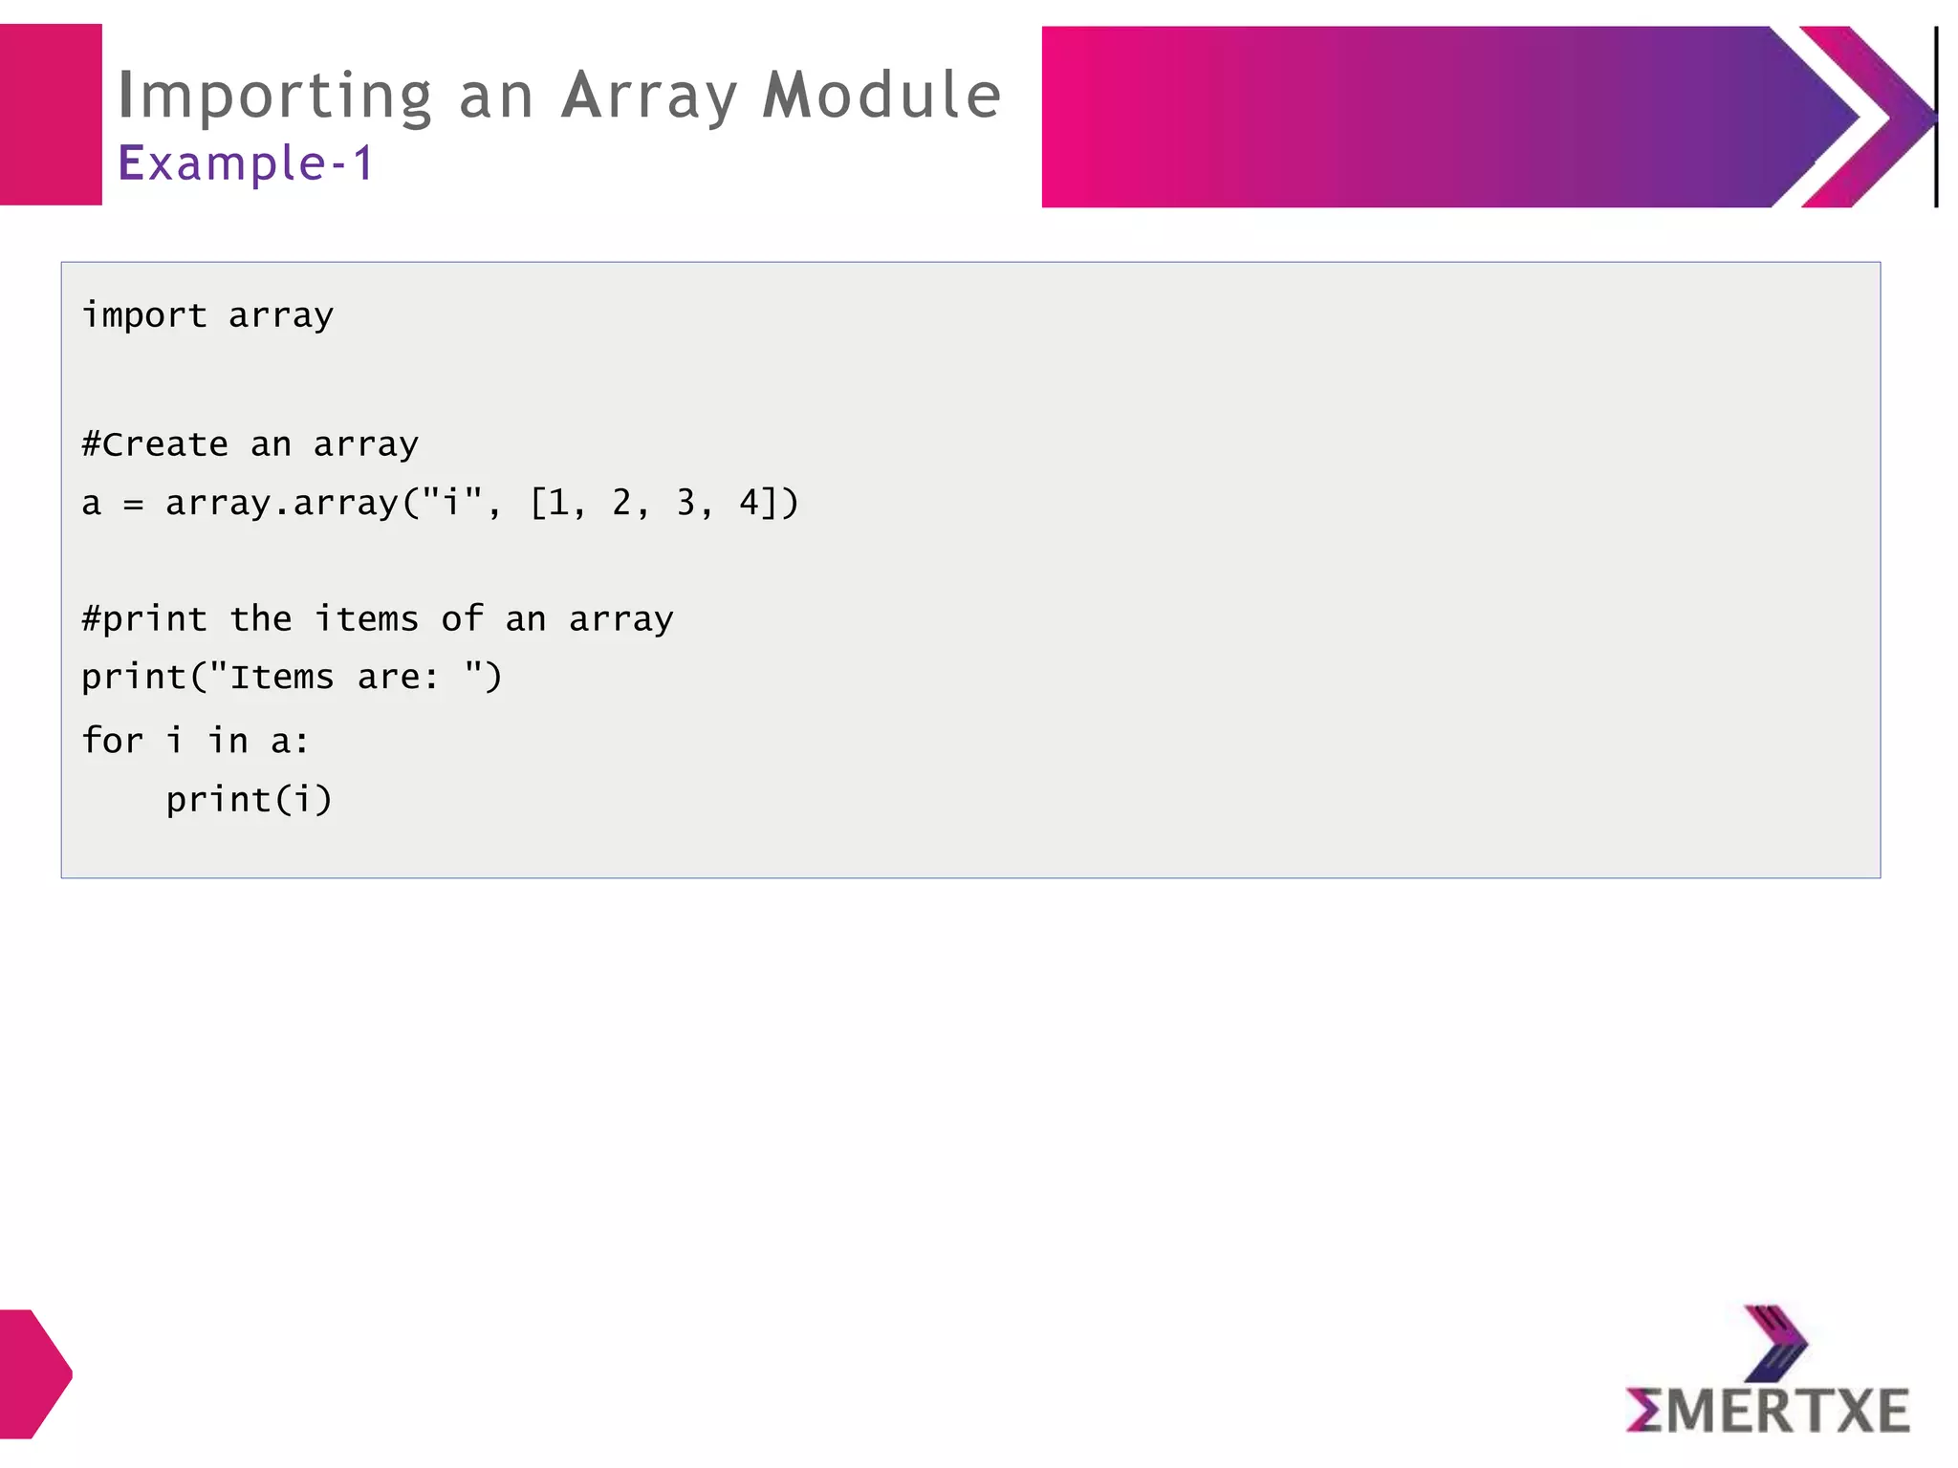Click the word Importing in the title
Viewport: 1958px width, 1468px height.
tap(275, 97)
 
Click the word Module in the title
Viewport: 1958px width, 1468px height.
tap(881, 96)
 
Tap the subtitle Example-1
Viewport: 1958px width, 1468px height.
tap(246, 163)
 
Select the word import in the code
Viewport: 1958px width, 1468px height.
tap(144, 315)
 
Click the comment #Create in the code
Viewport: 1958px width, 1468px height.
tap(155, 444)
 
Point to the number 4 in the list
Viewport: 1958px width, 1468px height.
tap(749, 502)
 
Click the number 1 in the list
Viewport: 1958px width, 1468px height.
tap(558, 502)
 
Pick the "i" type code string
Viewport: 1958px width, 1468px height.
tap(452, 502)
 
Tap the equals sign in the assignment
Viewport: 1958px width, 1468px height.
tap(133, 504)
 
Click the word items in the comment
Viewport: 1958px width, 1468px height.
tap(367, 619)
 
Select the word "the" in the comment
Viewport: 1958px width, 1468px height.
tap(261, 619)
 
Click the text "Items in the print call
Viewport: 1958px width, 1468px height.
tap(271, 678)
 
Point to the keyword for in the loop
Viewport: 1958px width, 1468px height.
tap(113, 741)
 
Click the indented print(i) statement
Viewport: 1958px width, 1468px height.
tap(249, 799)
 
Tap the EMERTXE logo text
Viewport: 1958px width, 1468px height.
tap(1768, 1411)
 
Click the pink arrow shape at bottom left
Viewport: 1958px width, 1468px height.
tap(33, 1373)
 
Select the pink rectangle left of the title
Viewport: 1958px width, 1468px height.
tap(51, 115)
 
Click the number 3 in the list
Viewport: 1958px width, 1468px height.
tap(685, 502)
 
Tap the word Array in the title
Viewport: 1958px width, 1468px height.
tap(649, 97)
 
